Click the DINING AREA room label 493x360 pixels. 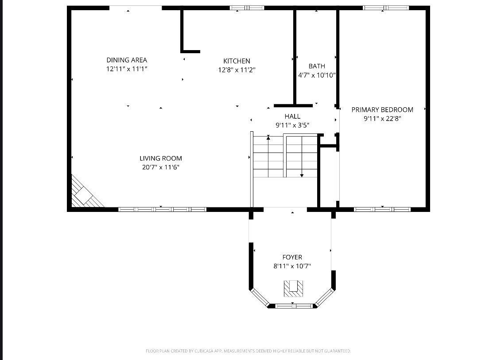tap(127, 60)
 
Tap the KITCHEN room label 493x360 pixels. tap(237, 61)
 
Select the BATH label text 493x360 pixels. tap(317, 66)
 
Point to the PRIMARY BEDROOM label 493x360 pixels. tap(382, 110)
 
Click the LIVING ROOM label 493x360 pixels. tap(161, 158)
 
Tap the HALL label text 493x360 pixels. tap(292, 117)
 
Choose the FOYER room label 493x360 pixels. tap(292, 257)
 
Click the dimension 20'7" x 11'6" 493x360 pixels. tap(161, 167)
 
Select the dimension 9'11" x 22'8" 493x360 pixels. tap(382, 119)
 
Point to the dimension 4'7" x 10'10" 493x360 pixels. tap(317, 75)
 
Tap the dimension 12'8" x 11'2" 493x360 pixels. tap(237, 70)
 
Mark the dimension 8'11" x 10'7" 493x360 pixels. tap(292, 266)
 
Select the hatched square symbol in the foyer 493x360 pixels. tap(293, 288)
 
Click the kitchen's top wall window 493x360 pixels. tap(247, 8)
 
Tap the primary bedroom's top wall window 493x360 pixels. tap(386, 8)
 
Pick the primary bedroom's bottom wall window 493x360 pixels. tap(382, 209)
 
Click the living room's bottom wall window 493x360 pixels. tap(162, 209)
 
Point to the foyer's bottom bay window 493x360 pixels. tap(293, 305)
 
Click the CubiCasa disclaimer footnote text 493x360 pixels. tap(248, 351)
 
